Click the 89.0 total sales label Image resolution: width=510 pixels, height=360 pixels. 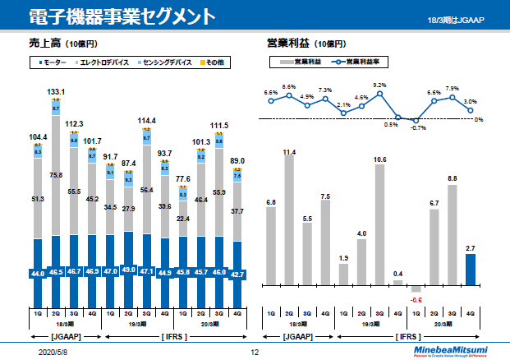click(x=237, y=162)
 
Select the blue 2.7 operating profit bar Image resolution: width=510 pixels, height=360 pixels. click(x=470, y=268)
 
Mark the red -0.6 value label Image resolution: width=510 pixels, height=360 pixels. click(x=416, y=300)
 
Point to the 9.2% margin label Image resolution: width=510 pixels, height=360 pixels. click(x=379, y=85)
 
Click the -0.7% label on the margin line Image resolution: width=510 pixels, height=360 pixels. click(x=419, y=128)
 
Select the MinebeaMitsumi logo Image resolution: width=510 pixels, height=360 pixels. click(x=453, y=348)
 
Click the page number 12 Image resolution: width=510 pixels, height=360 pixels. click(x=255, y=351)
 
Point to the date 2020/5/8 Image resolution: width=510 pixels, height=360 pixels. click(x=53, y=351)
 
